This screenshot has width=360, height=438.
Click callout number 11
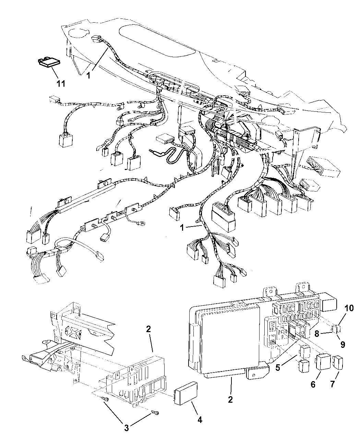click(61, 84)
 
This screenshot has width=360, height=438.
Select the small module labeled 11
click(49, 62)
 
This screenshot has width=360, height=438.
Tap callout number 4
click(200, 420)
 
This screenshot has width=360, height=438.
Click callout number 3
click(127, 428)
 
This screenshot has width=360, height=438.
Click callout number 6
click(313, 384)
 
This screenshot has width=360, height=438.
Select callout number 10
click(349, 314)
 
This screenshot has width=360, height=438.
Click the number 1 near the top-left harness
click(88, 76)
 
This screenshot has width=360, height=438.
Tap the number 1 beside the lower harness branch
click(182, 228)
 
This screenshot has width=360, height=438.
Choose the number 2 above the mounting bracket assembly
click(148, 329)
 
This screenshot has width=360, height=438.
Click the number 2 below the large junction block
click(230, 399)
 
